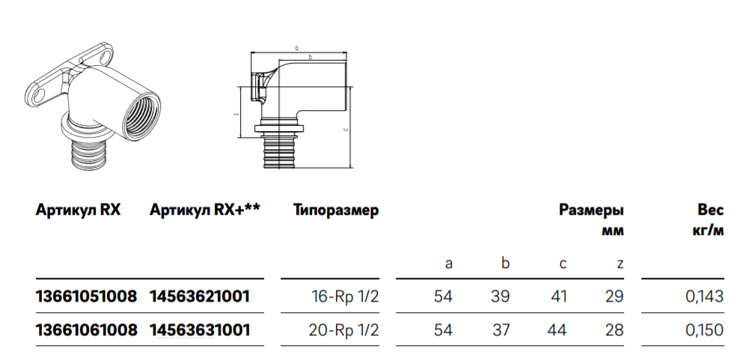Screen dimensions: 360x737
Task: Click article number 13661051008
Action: pyautogui.click(x=86, y=296)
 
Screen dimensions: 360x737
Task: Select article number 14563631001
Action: pyautogui.click(x=200, y=330)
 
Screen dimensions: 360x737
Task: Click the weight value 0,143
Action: pyautogui.click(x=704, y=296)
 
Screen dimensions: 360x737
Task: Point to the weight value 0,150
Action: pyautogui.click(x=704, y=330)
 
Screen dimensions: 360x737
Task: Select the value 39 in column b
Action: pyautogui.click(x=500, y=296)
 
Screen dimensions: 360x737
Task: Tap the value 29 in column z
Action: pyautogui.click(x=614, y=296)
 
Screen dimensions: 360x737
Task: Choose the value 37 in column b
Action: pyautogui.click(x=500, y=330)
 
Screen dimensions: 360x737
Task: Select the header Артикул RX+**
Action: pyautogui.click(x=204, y=211)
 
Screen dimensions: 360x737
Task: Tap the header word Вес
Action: pyautogui.click(x=710, y=211)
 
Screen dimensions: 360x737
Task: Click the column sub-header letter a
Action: pyautogui.click(x=449, y=263)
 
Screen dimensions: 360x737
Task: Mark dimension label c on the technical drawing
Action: pyautogui.click(x=344, y=128)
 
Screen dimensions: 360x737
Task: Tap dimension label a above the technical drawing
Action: pyautogui.click(x=297, y=47)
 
